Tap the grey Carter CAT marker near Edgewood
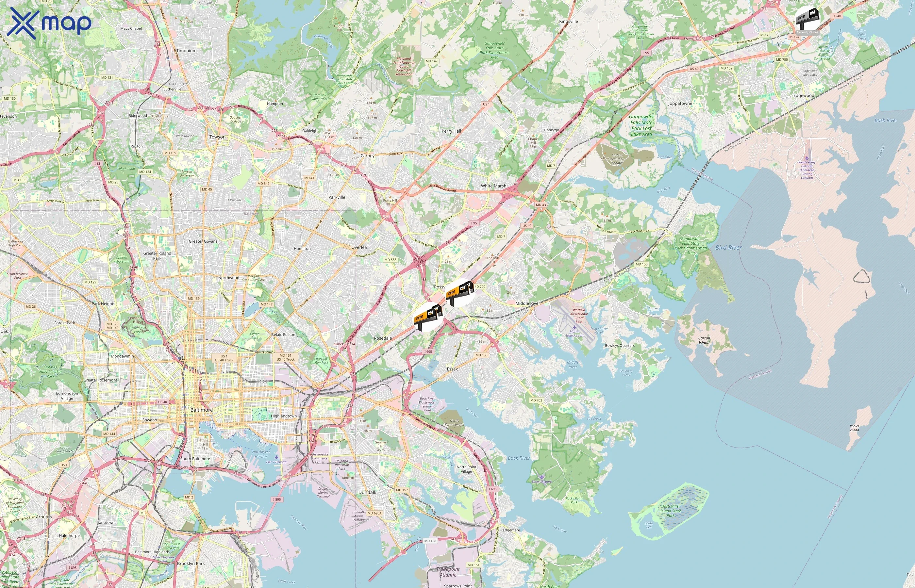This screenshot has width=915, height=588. pos(807,18)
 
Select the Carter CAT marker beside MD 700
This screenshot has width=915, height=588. pos(460,293)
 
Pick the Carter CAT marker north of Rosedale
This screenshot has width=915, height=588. pos(428,317)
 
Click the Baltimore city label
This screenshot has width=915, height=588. pos(201,410)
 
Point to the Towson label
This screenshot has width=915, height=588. pos(217,137)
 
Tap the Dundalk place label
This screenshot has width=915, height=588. pos(367,492)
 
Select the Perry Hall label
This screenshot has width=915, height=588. pos(451,131)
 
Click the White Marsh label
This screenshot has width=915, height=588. pos(493,186)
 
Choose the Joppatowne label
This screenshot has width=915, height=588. pos(680,104)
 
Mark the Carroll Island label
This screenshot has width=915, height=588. pos(704,340)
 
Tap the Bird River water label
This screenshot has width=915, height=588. pos(728,247)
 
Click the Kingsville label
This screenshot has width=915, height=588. pos(568,21)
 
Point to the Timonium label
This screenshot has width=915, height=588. pos(186,50)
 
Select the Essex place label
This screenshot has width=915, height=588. pos(452,369)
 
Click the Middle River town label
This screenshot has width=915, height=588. pos(527,303)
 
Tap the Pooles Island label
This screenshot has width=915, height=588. pos(854,428)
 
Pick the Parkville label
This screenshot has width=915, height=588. pos(337,197)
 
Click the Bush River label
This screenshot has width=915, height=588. pos(886,120)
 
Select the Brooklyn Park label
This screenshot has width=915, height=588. pos(191,563)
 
